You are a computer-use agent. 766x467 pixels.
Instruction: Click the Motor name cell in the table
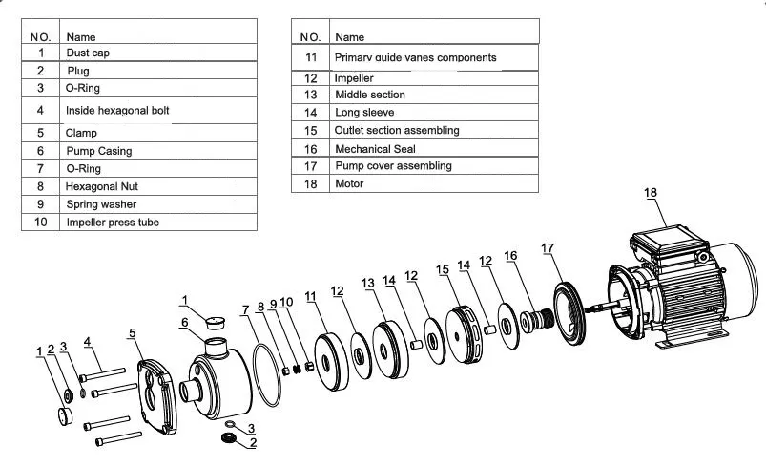click(349, 183)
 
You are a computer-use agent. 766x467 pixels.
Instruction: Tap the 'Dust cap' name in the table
click(88, 53)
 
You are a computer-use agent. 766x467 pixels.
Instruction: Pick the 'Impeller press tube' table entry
click(113, 222)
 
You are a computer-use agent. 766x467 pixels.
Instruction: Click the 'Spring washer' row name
click(101, 204)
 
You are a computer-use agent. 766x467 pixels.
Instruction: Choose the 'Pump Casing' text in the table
click(99, 151)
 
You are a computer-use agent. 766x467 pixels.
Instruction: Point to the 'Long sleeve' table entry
click(364, 113)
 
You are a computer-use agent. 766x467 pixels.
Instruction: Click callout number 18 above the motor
click(651, 193)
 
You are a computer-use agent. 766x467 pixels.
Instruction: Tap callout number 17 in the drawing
click(548, 248)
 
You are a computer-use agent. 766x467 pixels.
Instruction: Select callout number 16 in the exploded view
click(510, 256)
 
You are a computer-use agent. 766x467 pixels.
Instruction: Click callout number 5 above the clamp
click(133, 333)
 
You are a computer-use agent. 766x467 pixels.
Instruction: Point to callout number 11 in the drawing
click(310, 297)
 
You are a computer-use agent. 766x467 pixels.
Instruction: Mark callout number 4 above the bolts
click(87, 341)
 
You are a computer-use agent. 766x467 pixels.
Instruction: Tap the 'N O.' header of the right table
click(310, 36)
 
